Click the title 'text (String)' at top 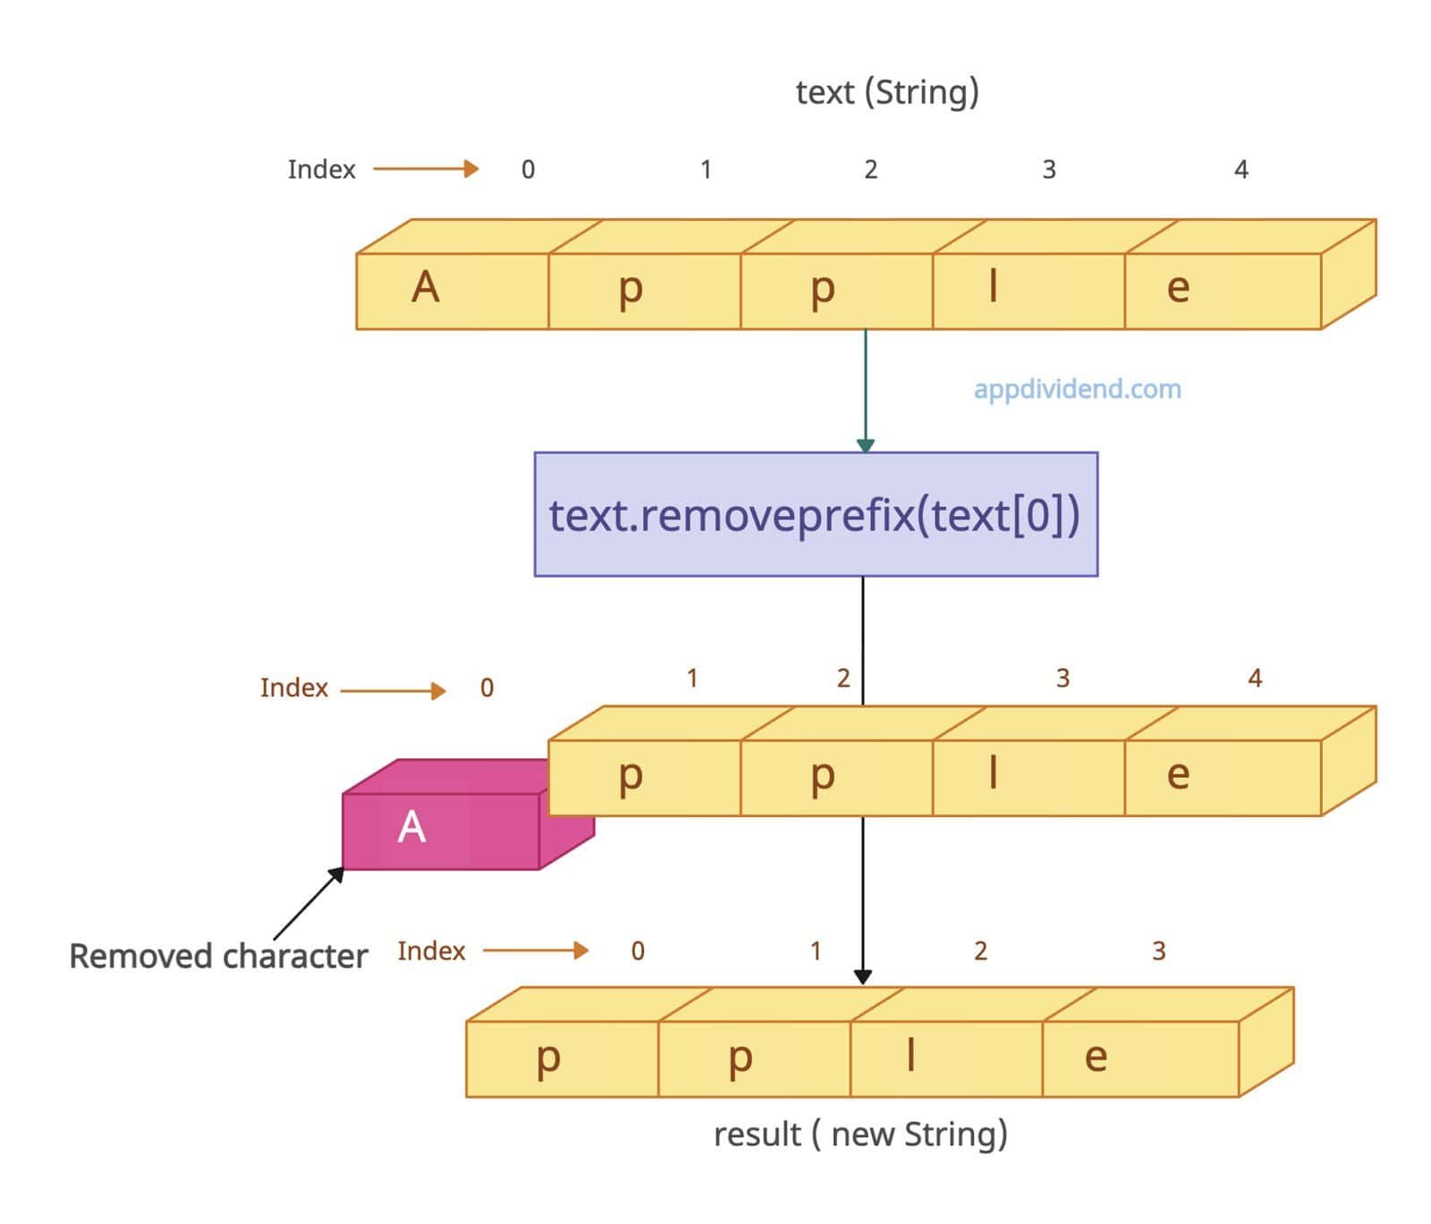(x=886, y=92)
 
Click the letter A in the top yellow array (x=426, y=288)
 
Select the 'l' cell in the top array (x=993, y=288)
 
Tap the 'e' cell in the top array (x=1179, y=288)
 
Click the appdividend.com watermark (x=1077, y=389)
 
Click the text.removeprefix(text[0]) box (x=815, y=514)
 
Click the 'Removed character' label (x=218, y=956)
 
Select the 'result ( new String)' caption (x=860, y=1134)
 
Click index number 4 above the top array (x=1240, y=169)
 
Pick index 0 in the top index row (x=528, y=169)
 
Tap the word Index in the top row (x=321, y=169)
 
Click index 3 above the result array (x=1158, y=950)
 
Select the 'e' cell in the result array (x=1096, y=1058)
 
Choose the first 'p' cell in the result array (x=548, y=1058)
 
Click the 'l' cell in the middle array (x=993, y=774)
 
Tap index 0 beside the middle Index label (x=487, y=688)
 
